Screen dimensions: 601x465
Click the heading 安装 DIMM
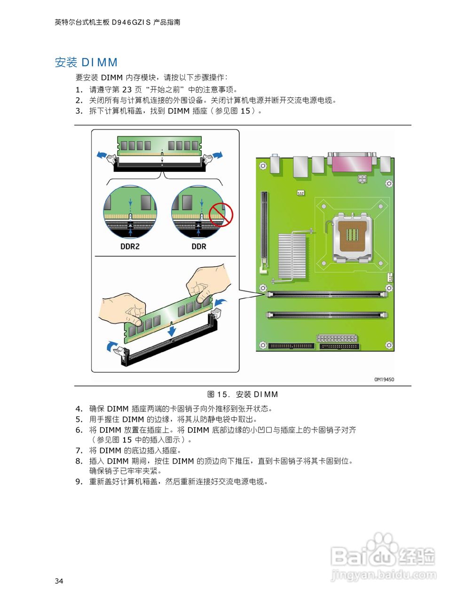pyautogui.click(x=86, y=62)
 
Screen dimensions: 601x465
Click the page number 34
pyautogui.click(x=59, y=581)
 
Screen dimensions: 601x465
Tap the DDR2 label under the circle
pyautogui.click(x=130, y=247)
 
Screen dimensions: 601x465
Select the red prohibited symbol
pyautogui.click(x=221, y=215)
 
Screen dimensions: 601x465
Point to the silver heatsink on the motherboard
pyautogui.click(x=292, y=256)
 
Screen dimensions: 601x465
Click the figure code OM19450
pyautogui.click(x=384, y=379)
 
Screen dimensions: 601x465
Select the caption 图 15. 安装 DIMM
pyautogui.click(x=243, y=394)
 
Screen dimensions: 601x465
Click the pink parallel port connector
pyautogui.click(x=352, y=162)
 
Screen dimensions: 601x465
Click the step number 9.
pyautogui.click(x=79, y=482)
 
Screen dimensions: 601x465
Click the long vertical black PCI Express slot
pyautogui.click(x=264, y=230)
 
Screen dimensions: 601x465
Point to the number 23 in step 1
pyautogui.click(x=127, y=90)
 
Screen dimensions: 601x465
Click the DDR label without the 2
pyautogui.click(x=198, y=247)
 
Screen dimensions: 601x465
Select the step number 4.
pyautogui.click(x=79, y=409)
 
